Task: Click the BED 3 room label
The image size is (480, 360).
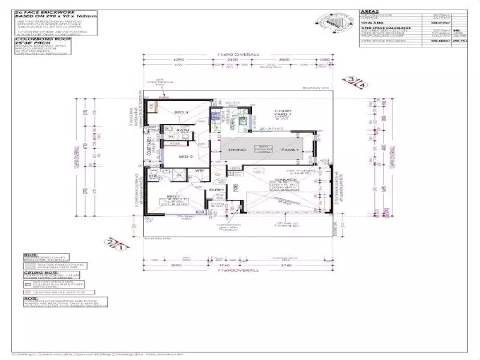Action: [x=182, y=112]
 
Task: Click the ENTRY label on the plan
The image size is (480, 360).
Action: [x=217, y=191]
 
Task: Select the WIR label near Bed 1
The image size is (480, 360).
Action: [x=199, y=172]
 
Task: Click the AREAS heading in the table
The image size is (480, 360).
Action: [x=369, y=11]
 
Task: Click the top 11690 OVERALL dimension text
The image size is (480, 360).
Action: [x=238, y=55]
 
